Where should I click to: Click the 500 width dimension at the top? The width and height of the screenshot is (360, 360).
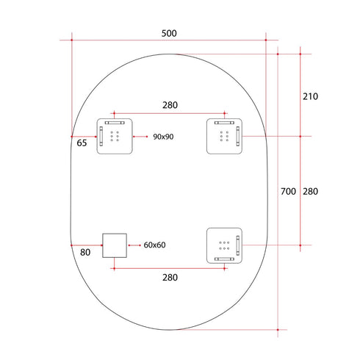click(169, 33)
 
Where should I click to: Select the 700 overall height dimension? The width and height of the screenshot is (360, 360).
click(288, 191)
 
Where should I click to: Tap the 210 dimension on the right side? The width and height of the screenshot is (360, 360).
click(310, 96)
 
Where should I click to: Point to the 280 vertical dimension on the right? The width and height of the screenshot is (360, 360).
click(310, 191)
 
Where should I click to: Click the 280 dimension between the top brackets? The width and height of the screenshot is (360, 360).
click(170, 105)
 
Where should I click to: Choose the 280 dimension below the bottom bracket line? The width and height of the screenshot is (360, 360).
click(170, 278)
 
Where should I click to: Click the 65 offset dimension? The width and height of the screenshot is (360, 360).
click(82, 143)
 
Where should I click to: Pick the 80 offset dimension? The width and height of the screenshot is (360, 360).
click(85, 252)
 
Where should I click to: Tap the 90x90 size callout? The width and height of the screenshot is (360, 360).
click(163, 137)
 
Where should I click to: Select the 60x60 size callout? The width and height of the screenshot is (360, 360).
click(154, 245)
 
